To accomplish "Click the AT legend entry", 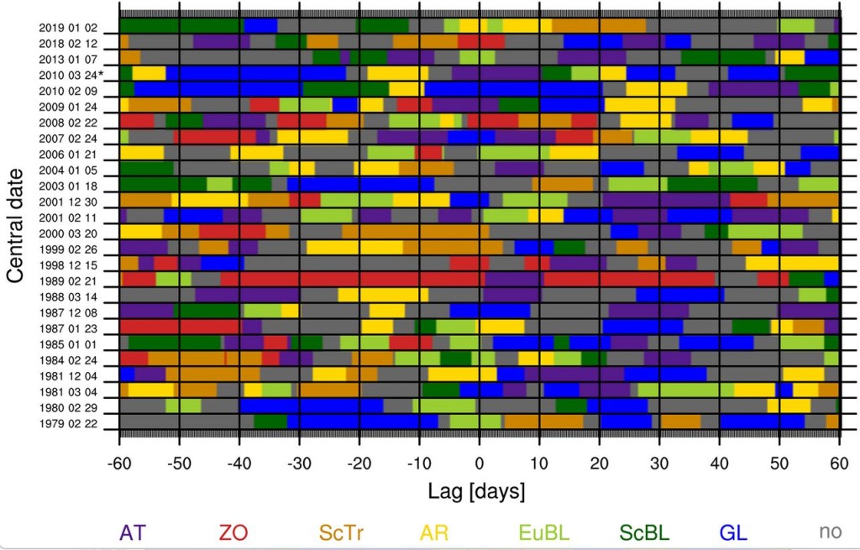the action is click(x=132, y=532).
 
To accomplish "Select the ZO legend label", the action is click(x=233, y=532).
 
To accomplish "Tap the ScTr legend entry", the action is click(x=341, y=532).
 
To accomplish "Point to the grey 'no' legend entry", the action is click(x=831, y=532).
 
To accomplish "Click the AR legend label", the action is click(x=434, y=532).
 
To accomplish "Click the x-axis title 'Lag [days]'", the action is click(x=476, y=490).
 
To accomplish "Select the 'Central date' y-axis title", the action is click(x=15, y=225).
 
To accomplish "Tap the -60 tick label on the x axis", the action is click(x=119, y=464).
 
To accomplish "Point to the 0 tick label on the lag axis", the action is click(x=480, y=464).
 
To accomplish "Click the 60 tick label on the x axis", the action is click(x=839, y=464).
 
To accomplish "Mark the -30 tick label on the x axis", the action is click(x=299, y=464).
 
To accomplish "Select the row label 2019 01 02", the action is click(x=68, y=28).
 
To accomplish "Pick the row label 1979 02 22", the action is click(x=68, y=423).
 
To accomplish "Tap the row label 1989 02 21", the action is click(x=68, y=281).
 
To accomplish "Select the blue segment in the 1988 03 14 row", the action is click(x=680, y=295).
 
